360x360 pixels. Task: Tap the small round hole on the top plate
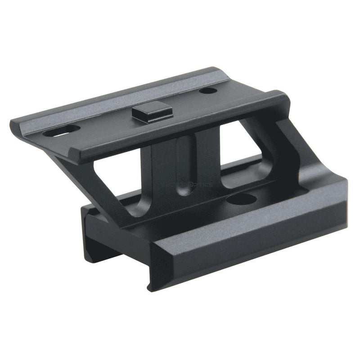click(x=209, y=91)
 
